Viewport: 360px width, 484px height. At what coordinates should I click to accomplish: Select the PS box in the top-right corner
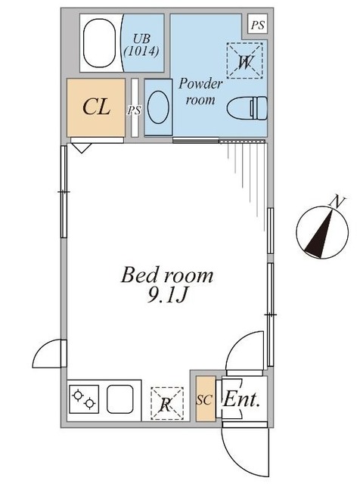[258, 25]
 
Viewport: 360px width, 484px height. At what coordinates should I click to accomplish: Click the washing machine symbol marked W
[244, 61]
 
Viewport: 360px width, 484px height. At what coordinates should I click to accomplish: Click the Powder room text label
[200, 92]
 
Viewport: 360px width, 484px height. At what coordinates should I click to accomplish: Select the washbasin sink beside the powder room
[158, 107]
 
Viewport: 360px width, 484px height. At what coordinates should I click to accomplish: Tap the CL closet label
[96, 107]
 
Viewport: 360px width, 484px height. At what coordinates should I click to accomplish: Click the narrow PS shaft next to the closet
[135, 109]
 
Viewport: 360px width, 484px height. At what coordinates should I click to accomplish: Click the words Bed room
[167, 275]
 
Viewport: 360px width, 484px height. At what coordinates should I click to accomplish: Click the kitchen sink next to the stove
[119, 399]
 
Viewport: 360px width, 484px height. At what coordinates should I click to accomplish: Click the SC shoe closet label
[203, 399]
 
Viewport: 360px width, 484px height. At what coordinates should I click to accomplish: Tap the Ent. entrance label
[242, 399]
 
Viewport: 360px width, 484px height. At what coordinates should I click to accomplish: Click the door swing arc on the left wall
[48, 352]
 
